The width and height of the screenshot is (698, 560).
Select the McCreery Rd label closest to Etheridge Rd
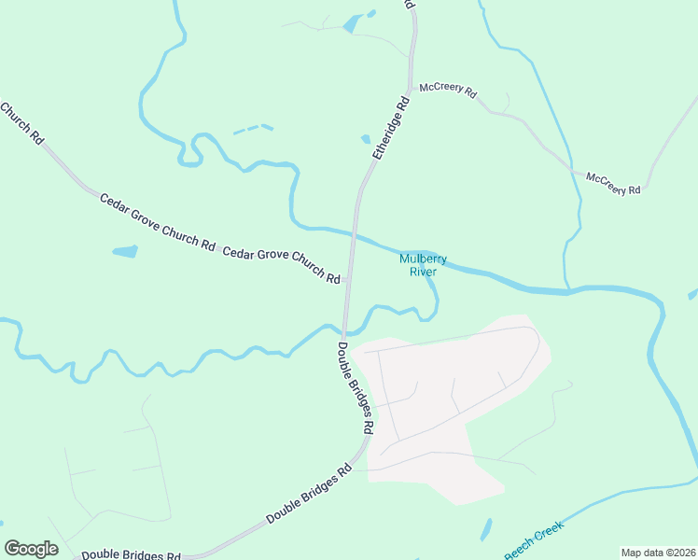(x=448, y=91)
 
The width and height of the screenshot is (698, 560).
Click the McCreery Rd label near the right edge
(x=613, y=183)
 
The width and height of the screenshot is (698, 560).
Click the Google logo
(x=31, y=549)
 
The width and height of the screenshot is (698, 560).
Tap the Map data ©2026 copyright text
(x=658, y=553)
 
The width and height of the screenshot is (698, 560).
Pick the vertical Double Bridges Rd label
(x=356, y=387)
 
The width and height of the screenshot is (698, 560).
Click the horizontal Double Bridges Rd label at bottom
(x=130, y=554)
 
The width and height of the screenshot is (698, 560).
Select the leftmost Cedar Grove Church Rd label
(x=157, y=222)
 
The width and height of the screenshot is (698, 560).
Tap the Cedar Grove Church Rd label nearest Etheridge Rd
(x=282, y=265)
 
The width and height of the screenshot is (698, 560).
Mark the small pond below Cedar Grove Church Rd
(x=124, y=251)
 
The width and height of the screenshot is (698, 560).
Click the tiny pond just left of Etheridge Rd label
(x=366, y=140)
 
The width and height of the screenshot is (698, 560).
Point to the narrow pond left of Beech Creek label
(x=486, y=529)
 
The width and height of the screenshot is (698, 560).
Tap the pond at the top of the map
(x=352, y=24)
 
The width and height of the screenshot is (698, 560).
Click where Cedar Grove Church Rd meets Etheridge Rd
(x=347, y=278)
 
